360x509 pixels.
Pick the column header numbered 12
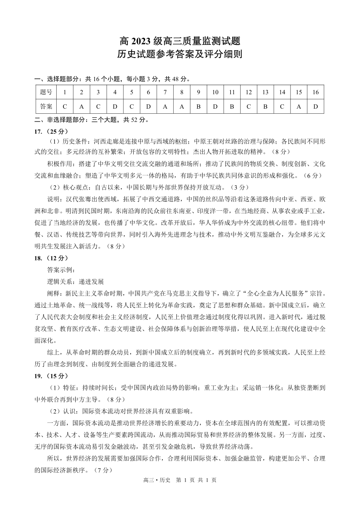(x=248, y=92)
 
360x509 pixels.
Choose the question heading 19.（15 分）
(x=51, y=375)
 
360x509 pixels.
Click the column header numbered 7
(x=165, y=92)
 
